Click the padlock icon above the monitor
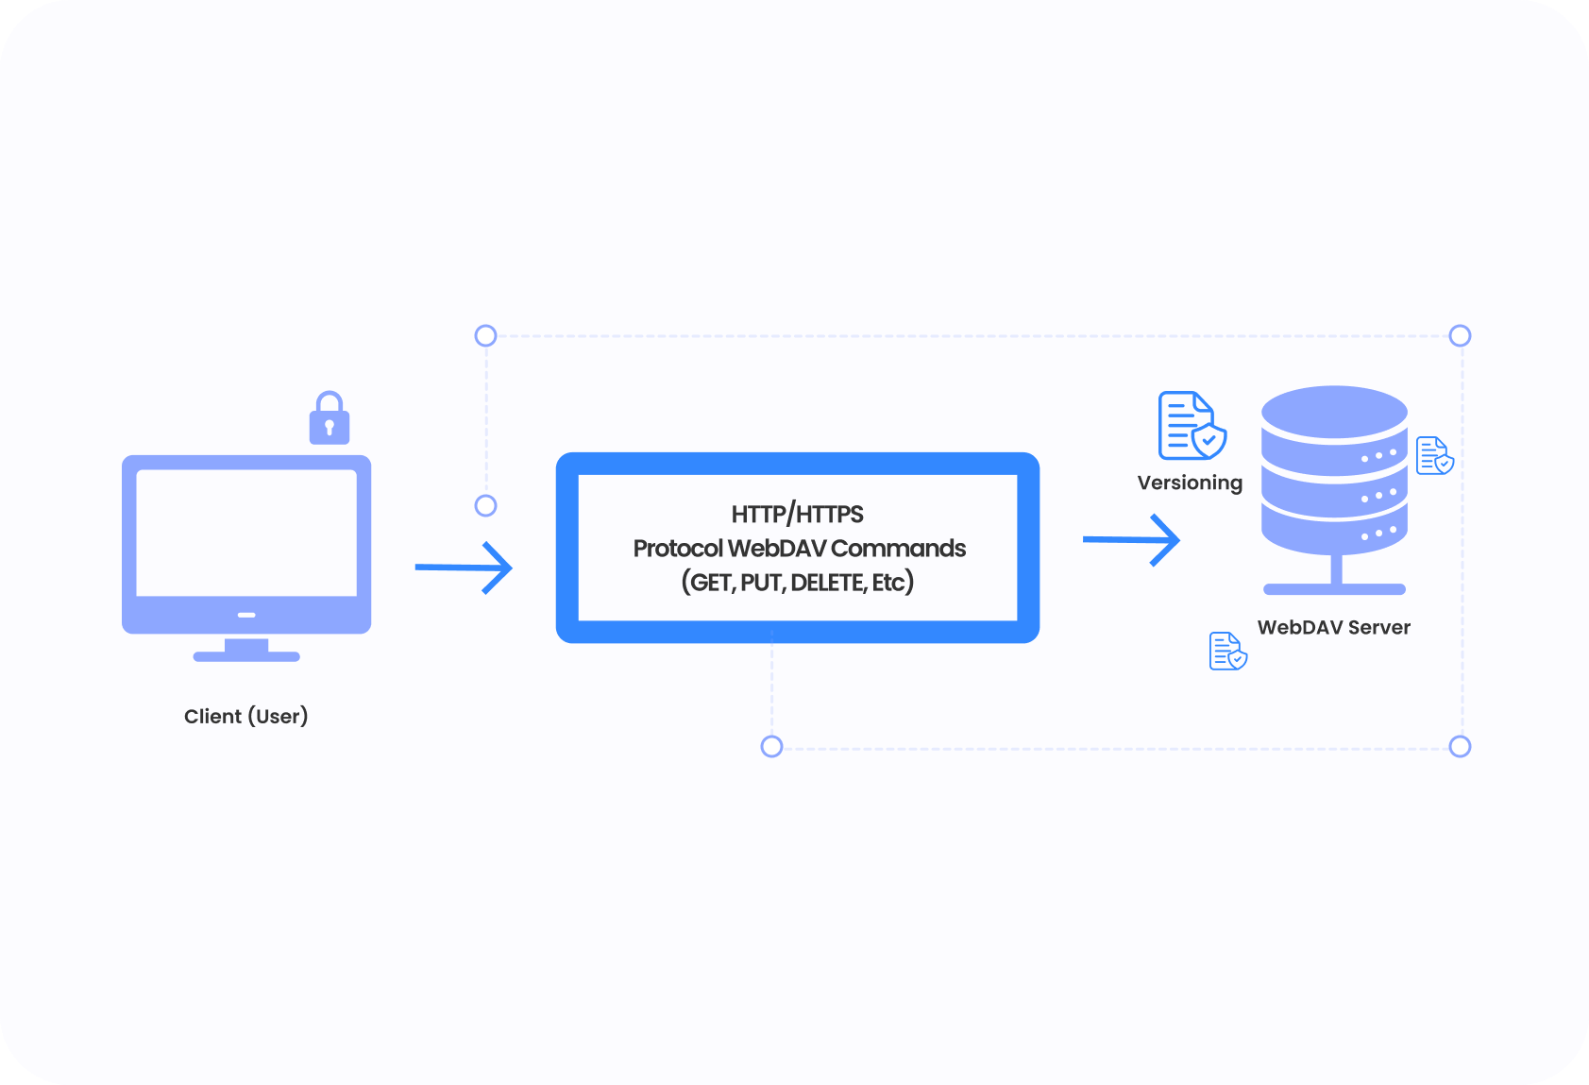point(330,420)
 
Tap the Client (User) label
point(245,716)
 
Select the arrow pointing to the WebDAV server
point(1132,540)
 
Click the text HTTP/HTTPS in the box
point(797,514)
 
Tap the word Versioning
point(1190,483)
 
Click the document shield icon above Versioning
point(1192,426)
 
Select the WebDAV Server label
point(1333,627)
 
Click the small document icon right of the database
point(1434,455)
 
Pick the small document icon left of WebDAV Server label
point(1227,651)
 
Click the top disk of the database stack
point(1334,411)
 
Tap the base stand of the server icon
point(1334,589)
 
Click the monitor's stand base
point(246,655)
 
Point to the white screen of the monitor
point(246,533)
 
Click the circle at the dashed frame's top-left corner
point(485,335)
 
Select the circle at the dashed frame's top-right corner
point(1460,335)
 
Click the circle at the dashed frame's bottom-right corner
point(1460,747)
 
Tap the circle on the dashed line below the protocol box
point(771,747)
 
